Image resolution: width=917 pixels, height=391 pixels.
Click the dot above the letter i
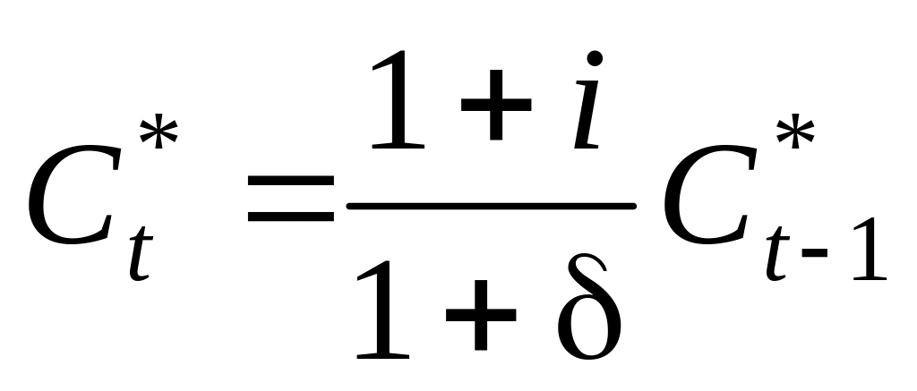tap(596, 61)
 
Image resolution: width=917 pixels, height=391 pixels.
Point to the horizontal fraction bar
tap(491, 207)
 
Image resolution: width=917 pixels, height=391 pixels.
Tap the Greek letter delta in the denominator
tap(587, 309)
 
